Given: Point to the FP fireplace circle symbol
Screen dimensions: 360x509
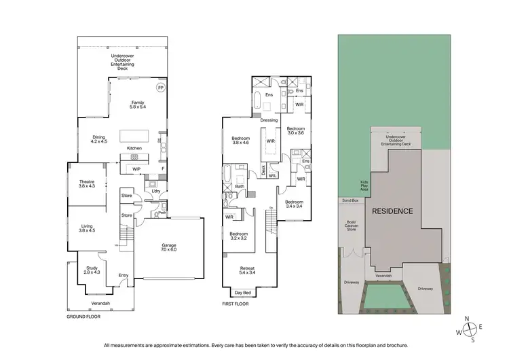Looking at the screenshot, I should coord(161,88).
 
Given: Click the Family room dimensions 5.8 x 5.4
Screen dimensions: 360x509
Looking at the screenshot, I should coord(138,107).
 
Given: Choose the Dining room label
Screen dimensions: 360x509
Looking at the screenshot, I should coord(99,137).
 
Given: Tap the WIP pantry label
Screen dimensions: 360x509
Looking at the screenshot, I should coord(136,169).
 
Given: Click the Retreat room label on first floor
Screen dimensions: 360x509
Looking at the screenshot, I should coord(248,268).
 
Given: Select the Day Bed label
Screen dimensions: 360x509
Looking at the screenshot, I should coord(242,293).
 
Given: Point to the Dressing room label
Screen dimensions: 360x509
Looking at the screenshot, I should coord(269,120).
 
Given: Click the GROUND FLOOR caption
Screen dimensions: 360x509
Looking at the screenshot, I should coord(84,317).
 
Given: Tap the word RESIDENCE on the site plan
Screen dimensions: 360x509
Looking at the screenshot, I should coord(392,211).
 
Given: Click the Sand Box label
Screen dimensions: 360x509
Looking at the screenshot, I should coord(350,200).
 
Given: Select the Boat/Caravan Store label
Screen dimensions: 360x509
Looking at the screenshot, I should coord(352,225).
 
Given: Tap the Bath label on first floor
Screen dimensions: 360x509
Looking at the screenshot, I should coord(240,186).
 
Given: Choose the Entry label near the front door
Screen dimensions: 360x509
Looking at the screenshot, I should coord(124,275).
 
